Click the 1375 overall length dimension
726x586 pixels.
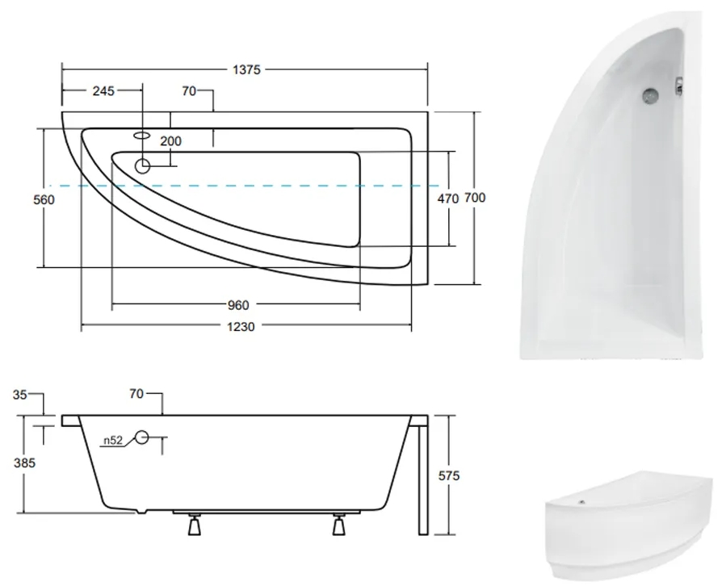click(x=247, y=70)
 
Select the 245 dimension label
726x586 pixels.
click(x=103, y=91)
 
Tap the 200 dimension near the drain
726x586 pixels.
click(x=170, y=141)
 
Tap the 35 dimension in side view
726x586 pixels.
click(x=21, y=394)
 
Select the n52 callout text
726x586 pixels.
click(x=112, y=442)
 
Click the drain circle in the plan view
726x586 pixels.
click(x=143, y=166)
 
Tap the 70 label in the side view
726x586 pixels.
click(x=136, y=394)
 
